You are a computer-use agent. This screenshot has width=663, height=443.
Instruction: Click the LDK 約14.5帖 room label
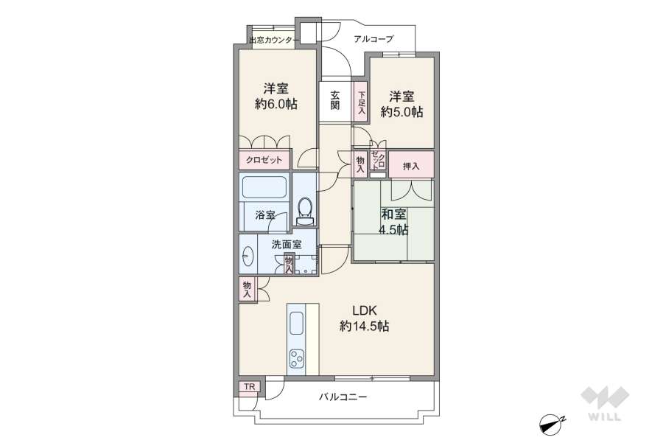364,318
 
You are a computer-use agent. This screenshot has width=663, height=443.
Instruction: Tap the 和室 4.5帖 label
393,222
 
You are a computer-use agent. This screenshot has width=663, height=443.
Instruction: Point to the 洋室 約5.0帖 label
401,104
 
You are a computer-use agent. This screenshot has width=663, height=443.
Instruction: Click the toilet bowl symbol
305,208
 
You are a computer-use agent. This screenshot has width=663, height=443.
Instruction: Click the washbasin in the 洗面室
248,257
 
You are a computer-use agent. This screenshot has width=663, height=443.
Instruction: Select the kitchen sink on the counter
297,323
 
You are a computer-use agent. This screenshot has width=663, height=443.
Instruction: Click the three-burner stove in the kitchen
297,360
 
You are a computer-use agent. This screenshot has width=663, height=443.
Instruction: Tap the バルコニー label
343,397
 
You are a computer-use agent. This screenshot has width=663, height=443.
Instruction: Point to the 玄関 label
334,100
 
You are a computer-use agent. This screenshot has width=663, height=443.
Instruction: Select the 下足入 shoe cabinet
361,102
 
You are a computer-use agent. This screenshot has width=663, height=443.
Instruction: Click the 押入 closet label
411,167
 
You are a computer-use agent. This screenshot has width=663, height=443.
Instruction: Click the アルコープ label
373,39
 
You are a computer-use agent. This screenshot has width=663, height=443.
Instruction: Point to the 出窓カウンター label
271,40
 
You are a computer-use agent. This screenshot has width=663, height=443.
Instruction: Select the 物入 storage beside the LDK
246,288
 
